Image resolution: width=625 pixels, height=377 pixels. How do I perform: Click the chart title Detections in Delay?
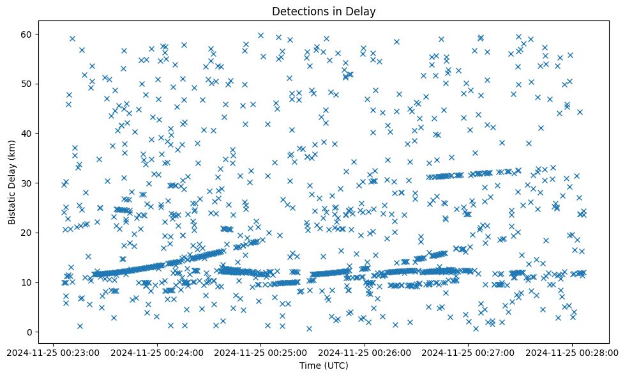click(x=324, y=11)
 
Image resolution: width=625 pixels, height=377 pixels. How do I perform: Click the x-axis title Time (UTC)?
click(x=324, y=365)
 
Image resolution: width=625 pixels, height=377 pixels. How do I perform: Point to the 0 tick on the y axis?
click(x=29, y=332)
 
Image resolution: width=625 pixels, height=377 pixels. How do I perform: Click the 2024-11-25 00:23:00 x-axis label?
click(x=53, y=352)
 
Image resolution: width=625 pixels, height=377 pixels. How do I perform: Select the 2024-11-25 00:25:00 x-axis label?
click(x=260, y=352)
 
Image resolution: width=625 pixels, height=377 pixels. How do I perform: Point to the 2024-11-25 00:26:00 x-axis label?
click(x=365, y=352)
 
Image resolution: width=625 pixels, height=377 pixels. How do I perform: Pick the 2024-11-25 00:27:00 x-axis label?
click(x=468, y=352)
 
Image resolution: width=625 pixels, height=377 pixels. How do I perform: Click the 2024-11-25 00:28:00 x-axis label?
click(x=572, y=352)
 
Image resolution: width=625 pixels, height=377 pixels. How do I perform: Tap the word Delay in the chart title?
click(x=361, y=11)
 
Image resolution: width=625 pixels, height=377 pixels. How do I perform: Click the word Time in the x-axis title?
click(x=310, y=365)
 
